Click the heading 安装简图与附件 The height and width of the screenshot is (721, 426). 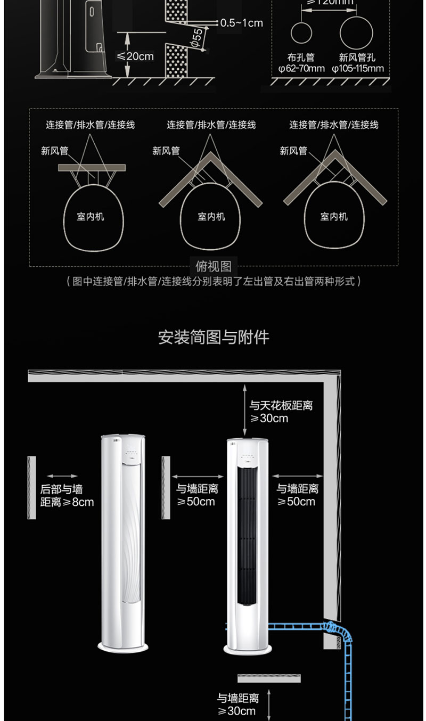point(214,337)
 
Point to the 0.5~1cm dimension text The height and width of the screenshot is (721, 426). point(241,23)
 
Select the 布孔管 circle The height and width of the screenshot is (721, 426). point(301,32)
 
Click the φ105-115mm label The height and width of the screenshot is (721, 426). point(357,69)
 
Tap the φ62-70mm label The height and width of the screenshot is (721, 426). point(301,69)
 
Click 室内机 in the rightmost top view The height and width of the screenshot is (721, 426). point(334,217)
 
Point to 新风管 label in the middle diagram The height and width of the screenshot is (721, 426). point(166,151)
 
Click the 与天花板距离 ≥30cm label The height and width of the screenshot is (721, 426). point(281,412)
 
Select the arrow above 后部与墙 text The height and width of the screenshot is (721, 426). point(62,477)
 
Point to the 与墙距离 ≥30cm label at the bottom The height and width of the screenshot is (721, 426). point(237,704)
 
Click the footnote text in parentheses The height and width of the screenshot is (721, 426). point(213,281)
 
